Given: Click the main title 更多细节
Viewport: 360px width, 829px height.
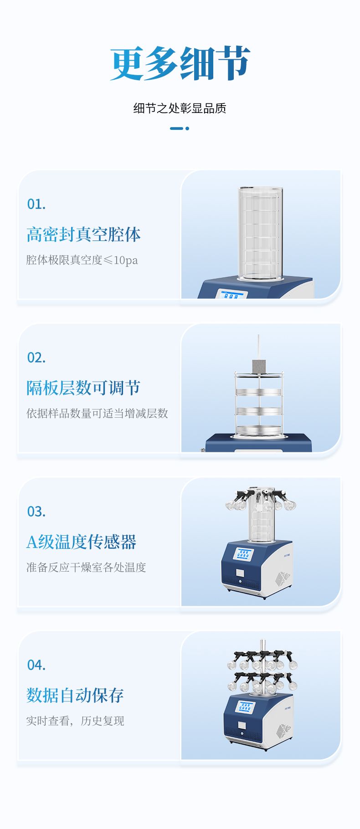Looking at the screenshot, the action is pos(180,63).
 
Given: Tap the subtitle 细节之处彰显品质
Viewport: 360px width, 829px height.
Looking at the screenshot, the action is pos(180,108).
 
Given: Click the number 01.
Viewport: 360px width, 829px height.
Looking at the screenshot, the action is pos(36,204).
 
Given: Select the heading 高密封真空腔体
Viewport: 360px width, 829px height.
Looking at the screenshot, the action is pos(83,234).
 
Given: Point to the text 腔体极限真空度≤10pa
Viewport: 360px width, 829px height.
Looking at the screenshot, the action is pos(82,260).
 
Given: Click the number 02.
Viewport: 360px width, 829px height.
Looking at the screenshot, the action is pos(36,358).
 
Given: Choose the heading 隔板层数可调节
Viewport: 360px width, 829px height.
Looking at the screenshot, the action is pos(83,388).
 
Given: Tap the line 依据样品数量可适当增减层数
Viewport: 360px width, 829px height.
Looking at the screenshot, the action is pos(97,414).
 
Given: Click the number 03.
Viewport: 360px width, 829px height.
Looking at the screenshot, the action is pos(36,512).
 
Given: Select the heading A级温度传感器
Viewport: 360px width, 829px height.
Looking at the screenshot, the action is pos(81,542).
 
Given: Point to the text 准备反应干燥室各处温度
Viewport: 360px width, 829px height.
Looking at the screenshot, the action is pos(86,567).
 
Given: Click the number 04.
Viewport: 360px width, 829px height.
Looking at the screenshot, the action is pos(36,665).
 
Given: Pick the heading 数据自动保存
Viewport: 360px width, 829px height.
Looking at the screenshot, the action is pos(75,695).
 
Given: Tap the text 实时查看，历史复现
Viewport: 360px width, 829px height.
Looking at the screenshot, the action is pos(75,721).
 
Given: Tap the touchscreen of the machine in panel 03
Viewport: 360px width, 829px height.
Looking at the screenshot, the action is pos(244,554).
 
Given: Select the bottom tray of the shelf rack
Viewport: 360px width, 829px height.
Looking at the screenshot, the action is pos(258,430).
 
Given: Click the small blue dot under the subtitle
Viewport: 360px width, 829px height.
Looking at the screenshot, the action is pos(187,128).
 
